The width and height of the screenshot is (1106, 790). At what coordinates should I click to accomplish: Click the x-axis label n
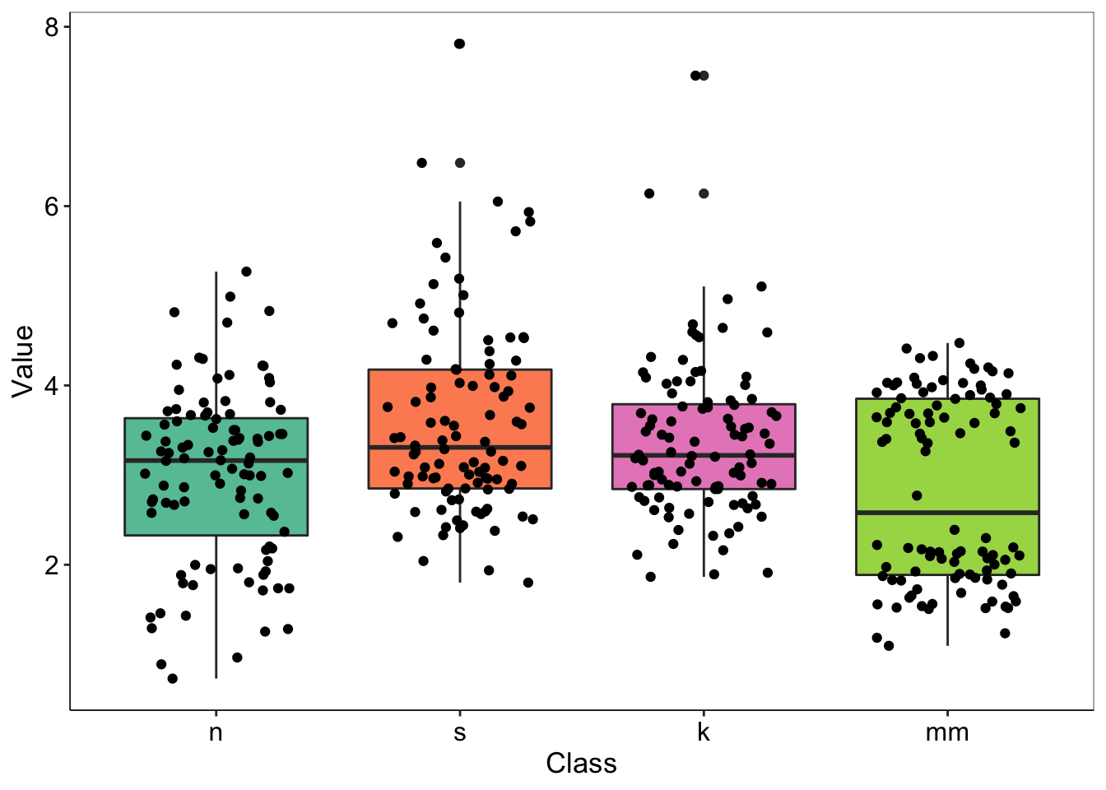point(216,732)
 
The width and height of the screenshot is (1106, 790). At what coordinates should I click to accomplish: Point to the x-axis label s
point(459,732)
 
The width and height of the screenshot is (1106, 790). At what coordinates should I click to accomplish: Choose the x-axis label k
point(703,732)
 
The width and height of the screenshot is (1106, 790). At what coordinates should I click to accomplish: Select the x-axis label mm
point(947,732)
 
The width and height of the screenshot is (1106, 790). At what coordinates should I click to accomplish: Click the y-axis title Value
point(23,360)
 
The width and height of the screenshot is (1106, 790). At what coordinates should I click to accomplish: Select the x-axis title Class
point(581,764)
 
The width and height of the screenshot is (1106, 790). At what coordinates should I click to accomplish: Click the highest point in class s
point(459,44)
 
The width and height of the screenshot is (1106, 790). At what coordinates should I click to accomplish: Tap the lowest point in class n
point(173,678)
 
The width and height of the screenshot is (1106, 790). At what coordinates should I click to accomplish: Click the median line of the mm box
point(947,513)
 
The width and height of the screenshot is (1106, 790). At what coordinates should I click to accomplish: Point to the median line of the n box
point(216,461)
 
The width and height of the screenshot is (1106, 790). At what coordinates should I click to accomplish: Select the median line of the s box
point(459,447)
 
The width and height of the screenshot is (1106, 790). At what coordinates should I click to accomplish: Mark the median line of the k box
point(703,455)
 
